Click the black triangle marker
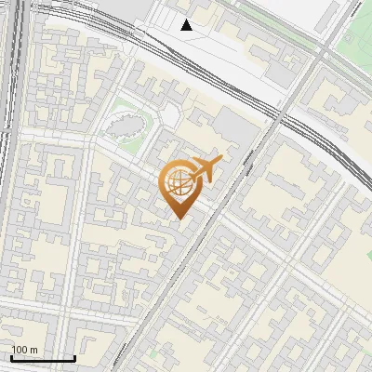(187, 25)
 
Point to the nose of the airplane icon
(221, 161)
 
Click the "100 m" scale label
(25, 350)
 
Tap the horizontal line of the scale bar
(42, 358)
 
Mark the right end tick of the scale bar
(74, 357)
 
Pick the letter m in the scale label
(34, 350)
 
